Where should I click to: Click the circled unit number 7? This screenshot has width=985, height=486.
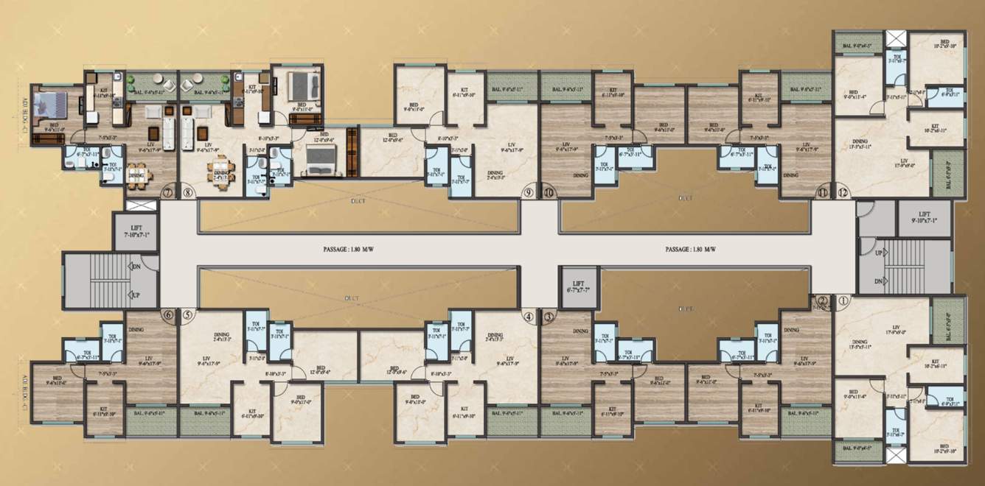click(167, 194)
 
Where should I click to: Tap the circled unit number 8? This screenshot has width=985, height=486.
click(187, 194)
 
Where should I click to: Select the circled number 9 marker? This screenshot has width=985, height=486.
click(528, 193)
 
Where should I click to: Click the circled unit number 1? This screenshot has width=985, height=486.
click(844, 300)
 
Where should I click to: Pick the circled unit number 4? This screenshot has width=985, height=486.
click(528, 317)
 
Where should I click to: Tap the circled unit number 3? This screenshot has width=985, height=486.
click(549, 317)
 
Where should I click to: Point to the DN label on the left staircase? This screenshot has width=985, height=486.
click(135, 267)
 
